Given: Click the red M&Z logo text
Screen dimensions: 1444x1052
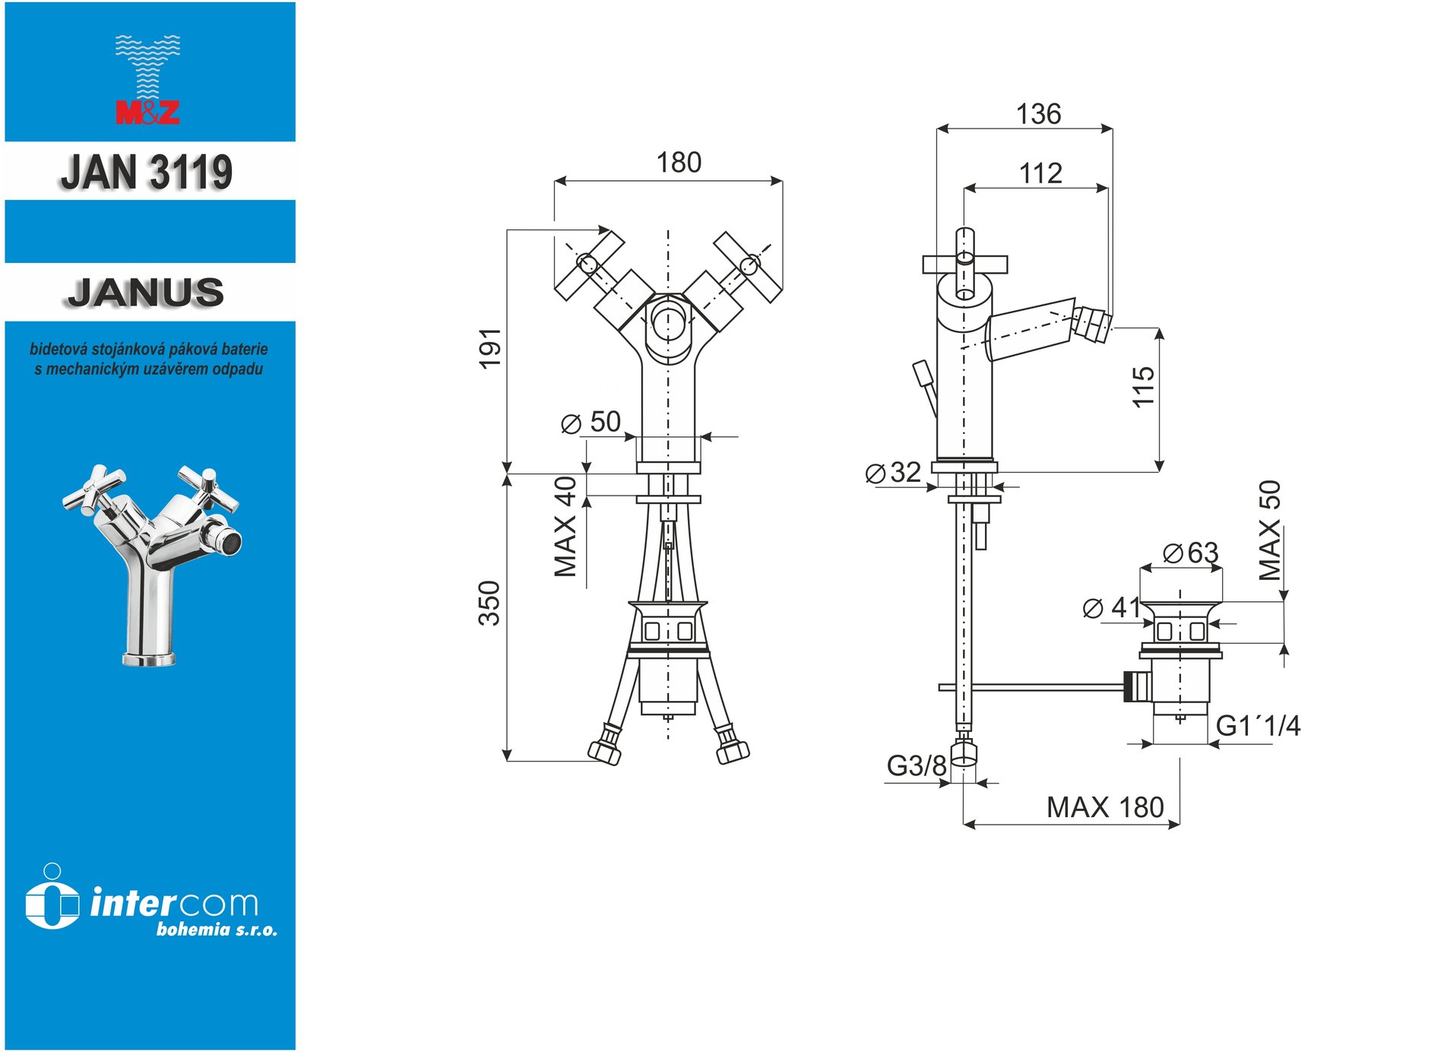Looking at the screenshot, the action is pos(147,113).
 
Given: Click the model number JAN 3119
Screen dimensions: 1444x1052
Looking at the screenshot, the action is pos(147,172).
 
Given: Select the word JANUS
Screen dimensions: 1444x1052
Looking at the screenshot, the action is pos(146,293).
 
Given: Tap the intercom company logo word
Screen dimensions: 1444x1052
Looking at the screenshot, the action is pos(174,903).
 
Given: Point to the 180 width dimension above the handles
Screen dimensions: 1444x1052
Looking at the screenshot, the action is pos(679,163).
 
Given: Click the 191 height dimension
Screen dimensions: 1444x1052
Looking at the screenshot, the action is pos(490,348).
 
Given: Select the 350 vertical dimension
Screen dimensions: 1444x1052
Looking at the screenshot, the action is pos(489,603).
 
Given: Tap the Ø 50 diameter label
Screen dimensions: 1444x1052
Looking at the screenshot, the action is pos(591,422).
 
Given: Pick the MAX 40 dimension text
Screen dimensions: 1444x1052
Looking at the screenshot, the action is pos(565,527).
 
